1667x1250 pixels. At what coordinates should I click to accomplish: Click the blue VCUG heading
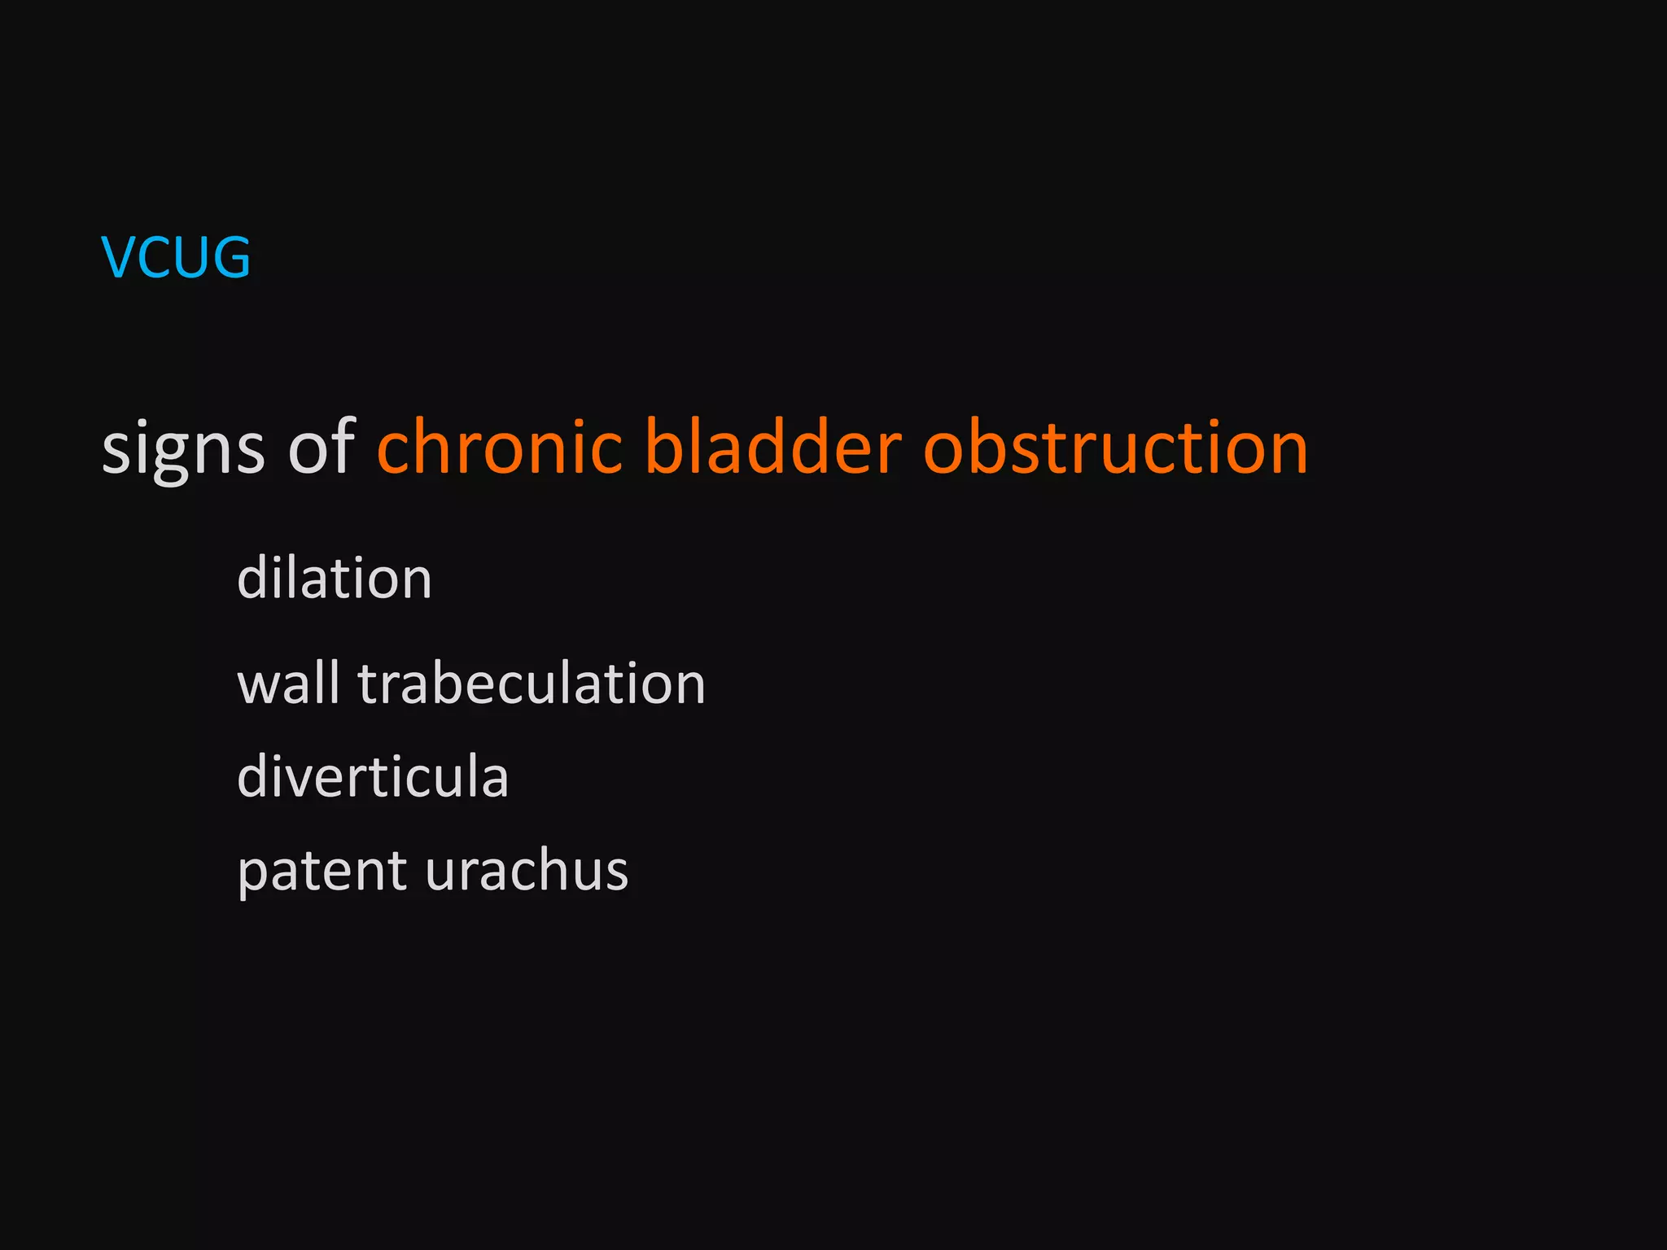175,257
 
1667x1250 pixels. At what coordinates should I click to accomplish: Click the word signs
183,449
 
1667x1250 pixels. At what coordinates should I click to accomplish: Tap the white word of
322,446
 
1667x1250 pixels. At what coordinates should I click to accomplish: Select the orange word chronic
499,446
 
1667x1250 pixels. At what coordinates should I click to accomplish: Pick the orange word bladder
772,446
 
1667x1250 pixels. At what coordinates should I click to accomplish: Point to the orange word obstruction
1115,446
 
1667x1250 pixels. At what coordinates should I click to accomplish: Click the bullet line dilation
334,578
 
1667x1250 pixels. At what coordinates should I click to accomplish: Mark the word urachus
527,871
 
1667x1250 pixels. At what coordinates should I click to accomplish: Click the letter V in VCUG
118,257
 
